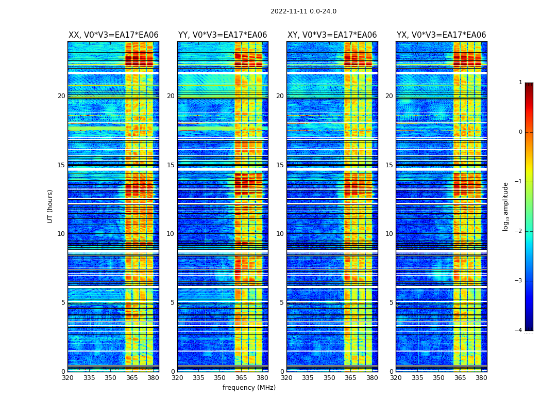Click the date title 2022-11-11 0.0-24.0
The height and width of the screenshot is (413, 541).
coord(303,11)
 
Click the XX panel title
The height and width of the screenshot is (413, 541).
coord(113,35)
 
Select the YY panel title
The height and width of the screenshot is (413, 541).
coord(223,35)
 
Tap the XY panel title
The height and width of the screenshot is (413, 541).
coord(332,35)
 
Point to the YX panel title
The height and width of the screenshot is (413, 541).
coord(442,35)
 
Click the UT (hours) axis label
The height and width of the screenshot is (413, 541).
coord(50,206)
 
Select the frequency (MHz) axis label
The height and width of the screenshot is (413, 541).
coord(249,388)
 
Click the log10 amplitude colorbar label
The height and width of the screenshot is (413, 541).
coord(506,206)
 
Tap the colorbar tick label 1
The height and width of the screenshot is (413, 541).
coord(520,83)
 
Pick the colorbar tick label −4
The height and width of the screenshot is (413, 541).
coord(519,330)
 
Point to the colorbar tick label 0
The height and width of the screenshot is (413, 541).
coord(520,132)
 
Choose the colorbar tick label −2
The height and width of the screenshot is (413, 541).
coord(519,231)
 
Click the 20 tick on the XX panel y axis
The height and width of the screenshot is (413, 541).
coord(61,96)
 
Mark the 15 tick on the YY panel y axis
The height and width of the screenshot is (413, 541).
coord(171,165)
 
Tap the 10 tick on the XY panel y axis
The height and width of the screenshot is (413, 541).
coord(280,234)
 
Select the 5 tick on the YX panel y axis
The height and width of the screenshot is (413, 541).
coord(391,303)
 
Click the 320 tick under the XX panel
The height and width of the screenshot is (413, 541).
coord(67,378)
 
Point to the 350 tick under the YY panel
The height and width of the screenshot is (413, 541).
coord(220,378)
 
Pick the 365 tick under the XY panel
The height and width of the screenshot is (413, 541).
coord(351,378)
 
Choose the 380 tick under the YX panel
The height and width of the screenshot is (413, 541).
coord(481,378)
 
